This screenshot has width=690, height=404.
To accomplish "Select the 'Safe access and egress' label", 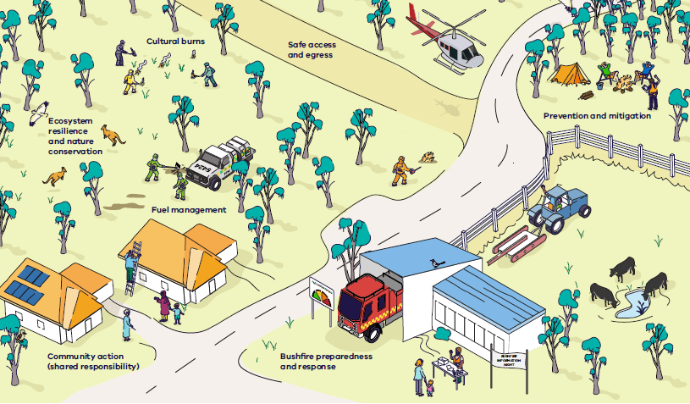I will (x=310, y=49).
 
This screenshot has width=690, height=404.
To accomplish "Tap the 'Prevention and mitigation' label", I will (x=597, y=115).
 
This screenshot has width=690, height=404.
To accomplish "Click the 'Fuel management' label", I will (x=188, y=209).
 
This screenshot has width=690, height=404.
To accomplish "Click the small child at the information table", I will (x=429, y=388).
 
